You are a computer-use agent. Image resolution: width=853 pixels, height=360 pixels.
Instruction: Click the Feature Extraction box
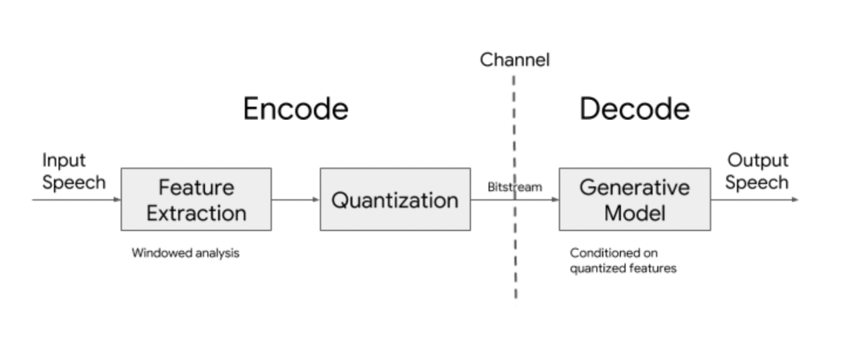pos(196,199)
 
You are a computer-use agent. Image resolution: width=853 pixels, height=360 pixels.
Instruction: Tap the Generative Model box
pos(634,199)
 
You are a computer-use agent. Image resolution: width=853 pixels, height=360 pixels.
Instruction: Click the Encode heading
pos(295,109)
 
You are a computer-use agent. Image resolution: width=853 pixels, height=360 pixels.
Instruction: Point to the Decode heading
pos(634,109)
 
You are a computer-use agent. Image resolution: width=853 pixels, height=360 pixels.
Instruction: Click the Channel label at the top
pos(515,60)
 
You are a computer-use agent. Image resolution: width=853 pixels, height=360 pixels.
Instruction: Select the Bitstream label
pos(514,187)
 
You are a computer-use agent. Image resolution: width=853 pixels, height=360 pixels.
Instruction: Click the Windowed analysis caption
pos(185,253)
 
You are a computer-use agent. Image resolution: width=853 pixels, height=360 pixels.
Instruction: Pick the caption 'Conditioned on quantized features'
pos(622,260)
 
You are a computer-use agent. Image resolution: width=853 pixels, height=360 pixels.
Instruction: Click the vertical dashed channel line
pos(515,250)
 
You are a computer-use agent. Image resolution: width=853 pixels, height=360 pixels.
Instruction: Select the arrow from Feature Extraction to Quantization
pos(295,199)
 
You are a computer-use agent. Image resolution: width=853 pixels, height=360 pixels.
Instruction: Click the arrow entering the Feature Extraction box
pos(75,199)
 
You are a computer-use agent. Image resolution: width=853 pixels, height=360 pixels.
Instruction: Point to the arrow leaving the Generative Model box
pos(754,199)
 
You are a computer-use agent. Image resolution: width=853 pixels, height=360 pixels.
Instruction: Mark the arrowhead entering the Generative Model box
pos(554,199)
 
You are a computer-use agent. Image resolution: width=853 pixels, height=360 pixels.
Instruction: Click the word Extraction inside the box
pos(196,212)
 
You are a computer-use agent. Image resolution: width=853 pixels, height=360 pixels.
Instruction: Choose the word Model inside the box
pos(634,212)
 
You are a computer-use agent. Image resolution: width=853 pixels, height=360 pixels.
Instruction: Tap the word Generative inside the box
pos(634,187)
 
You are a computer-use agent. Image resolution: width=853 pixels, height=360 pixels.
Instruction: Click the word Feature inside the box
pos(196,187)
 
